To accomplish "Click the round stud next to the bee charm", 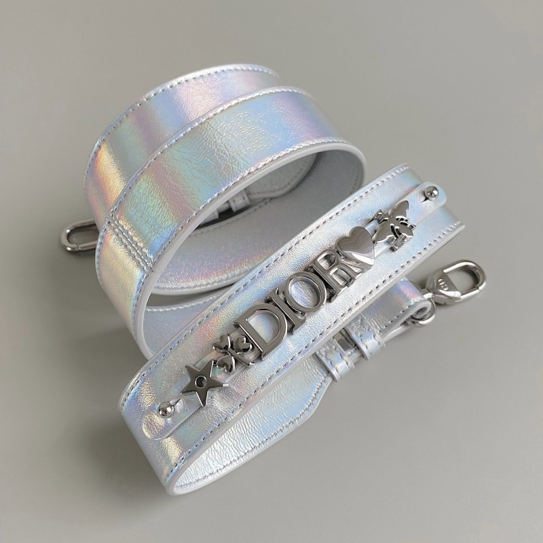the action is pos(430,192).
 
